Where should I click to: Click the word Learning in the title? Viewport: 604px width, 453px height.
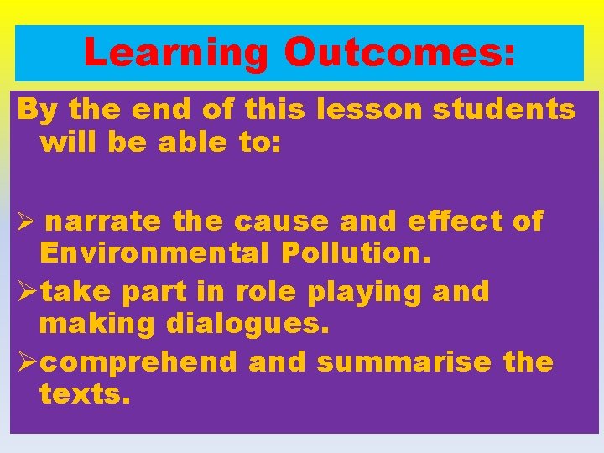pyautogui.click(x=177, y=53)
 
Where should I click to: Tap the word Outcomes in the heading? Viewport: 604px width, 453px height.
pyautogui.click(x=399, y=53)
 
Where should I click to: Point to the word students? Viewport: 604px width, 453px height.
pyautogui.click(x=504, y=109)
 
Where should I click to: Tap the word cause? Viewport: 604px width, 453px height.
pyautogui.click(x=282, y=221)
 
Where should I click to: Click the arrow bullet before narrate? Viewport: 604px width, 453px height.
pyautogui.click(x=23, y=222)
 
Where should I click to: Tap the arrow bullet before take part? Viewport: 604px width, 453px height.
pyautogui.click(x=25, y=292)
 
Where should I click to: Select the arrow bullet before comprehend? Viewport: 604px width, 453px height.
pyautogui.click(x=25, y=362)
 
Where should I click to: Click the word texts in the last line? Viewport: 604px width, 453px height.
pyautogui.click(x=85, y=393)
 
